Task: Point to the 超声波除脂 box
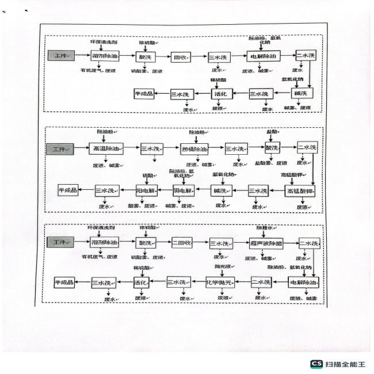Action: (x=264, y=243)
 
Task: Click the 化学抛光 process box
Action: (x=222, y=283)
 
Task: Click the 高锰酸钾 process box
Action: (x=301, y=190)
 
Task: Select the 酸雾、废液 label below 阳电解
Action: (x=142, y=205)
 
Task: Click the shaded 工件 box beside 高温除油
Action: (x=59, y=148)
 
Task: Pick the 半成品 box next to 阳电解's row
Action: (x=67, y=190)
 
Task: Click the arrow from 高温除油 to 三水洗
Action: (x=130, y=148)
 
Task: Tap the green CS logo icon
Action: (x=316, y=364)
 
